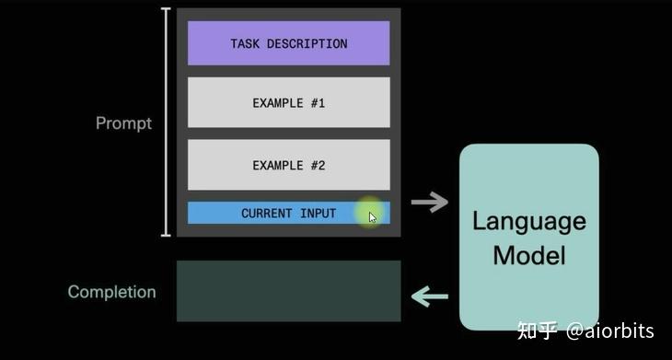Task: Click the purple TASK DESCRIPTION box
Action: pyautogui.click(x=288, y=43)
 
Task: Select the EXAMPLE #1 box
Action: pyautogui.click(x=288, y=102)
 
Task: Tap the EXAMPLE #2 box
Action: pyautogui.click(x=288, y=165)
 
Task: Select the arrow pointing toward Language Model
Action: pyautogui.click(x=429, y=203)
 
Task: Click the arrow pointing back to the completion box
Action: pyautogui.click(x=429, y=296)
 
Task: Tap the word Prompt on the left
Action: pyautogui.click(x=123, y=122)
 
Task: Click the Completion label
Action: pyautogui.click(x=111, y=292)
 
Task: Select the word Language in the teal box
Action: pyautogui.click(x=528, y=221)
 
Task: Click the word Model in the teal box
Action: pyautogui.click(x=528, y=254)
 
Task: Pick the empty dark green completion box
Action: pyautogui.click(x=288, y=291)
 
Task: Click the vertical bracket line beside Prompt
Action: pyautogui.click(x=166, y=122)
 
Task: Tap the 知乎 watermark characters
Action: pyautogui.click(x=538, y=331)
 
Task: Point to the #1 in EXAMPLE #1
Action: pyautogui.click(x=318, y=103)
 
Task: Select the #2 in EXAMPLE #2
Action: pyautogui.click(x=318, y=166)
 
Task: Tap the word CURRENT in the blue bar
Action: pyautogui.click(x=267, y=213)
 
